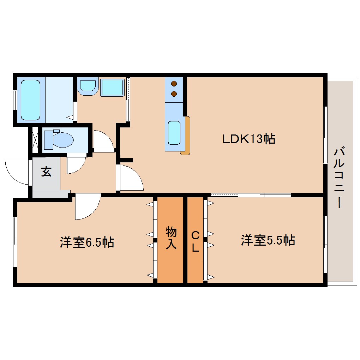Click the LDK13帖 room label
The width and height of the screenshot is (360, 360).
[x=248, y=139]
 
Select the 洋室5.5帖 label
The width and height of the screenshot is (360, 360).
[x=268, y=241]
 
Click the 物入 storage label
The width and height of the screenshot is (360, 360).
[x=171, y=239]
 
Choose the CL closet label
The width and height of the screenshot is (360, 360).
[x=195, y=241]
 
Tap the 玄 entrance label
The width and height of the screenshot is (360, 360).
[x=46, y=172]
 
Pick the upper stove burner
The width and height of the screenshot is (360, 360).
[x=174, y=84]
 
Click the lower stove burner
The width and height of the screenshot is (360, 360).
[x=174, y=94]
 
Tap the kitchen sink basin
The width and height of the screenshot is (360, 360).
[x=174, y=132]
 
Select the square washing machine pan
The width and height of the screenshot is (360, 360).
[x=112, y=87]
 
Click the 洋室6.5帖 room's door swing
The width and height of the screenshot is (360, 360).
[x=86, y=207]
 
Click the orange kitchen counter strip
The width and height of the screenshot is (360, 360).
[x=186, y=136]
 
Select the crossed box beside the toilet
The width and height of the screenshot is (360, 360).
[x=35, y=139]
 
